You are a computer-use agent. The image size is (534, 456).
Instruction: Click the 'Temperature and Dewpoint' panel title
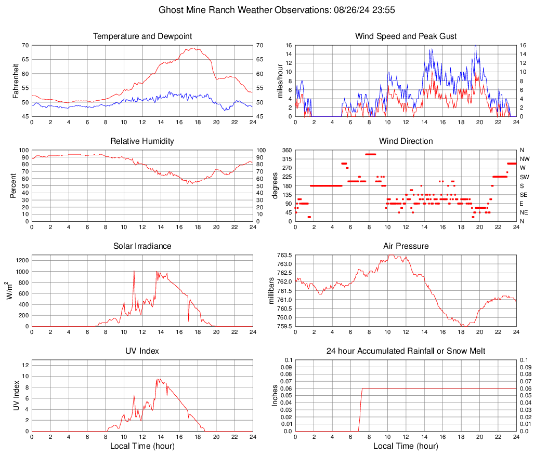[x=142, y=36]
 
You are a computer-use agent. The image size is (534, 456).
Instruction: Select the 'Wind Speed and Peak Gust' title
[x=406, y=36]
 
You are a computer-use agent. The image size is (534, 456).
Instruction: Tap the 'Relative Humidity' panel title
[x=142, y=141]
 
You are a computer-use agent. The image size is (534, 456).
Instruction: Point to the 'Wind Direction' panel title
[x=406, y=141]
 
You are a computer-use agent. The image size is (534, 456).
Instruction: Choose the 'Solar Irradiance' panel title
[x=142, y=246]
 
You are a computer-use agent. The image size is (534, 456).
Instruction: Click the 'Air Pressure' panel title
[x=406, y=246]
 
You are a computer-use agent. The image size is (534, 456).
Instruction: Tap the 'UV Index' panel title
[x=142, y=351]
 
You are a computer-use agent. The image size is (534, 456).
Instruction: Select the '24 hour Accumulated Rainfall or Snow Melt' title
[x=406, y=351]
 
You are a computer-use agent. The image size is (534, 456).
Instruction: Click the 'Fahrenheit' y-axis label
[x=16, y=81]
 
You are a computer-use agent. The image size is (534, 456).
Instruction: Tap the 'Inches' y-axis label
[x=275, y=396]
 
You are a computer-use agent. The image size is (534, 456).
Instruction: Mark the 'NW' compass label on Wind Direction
[x=524, y=159]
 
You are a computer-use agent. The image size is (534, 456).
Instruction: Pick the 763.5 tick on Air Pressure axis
[x=283, y=256]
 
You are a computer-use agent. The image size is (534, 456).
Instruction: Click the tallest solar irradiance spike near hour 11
[x=134, y=271]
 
